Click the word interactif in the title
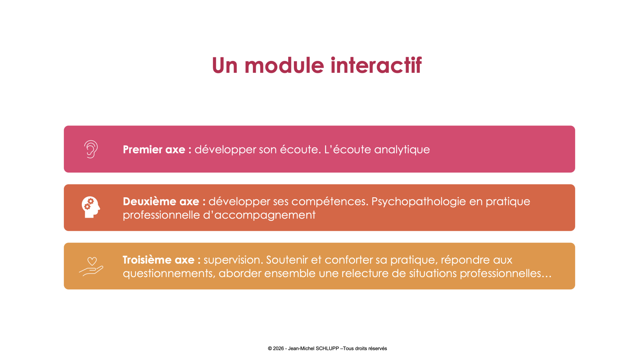pyautogui.click(x=376, y=65)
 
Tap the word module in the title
pyautogui.click(x=284, y=65)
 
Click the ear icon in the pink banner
pyautogui.click(x=91, y=149)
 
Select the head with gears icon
pyautogui.click(x=91, y=207)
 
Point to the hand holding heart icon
pyautogui.click(x=91, y=267)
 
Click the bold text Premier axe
pyautogui.click(x=154, y=149)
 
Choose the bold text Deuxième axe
pyautogui.click(x=161, y=201)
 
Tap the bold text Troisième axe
pyautogui.click(x=158, y=260)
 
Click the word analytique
pyautogui.click(x=402, y=150)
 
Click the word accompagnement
pyautogui.click(x=265, y=215)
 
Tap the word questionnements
pyautogui.click(x=169, y=273)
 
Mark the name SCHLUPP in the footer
pyautogui.click(x=327, y=348)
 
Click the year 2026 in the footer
pyautogui.click(x=278, y=348)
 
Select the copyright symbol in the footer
pyautogui.click(x=270, y=348)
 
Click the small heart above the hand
pyautogui.click(x=92, y=261)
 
